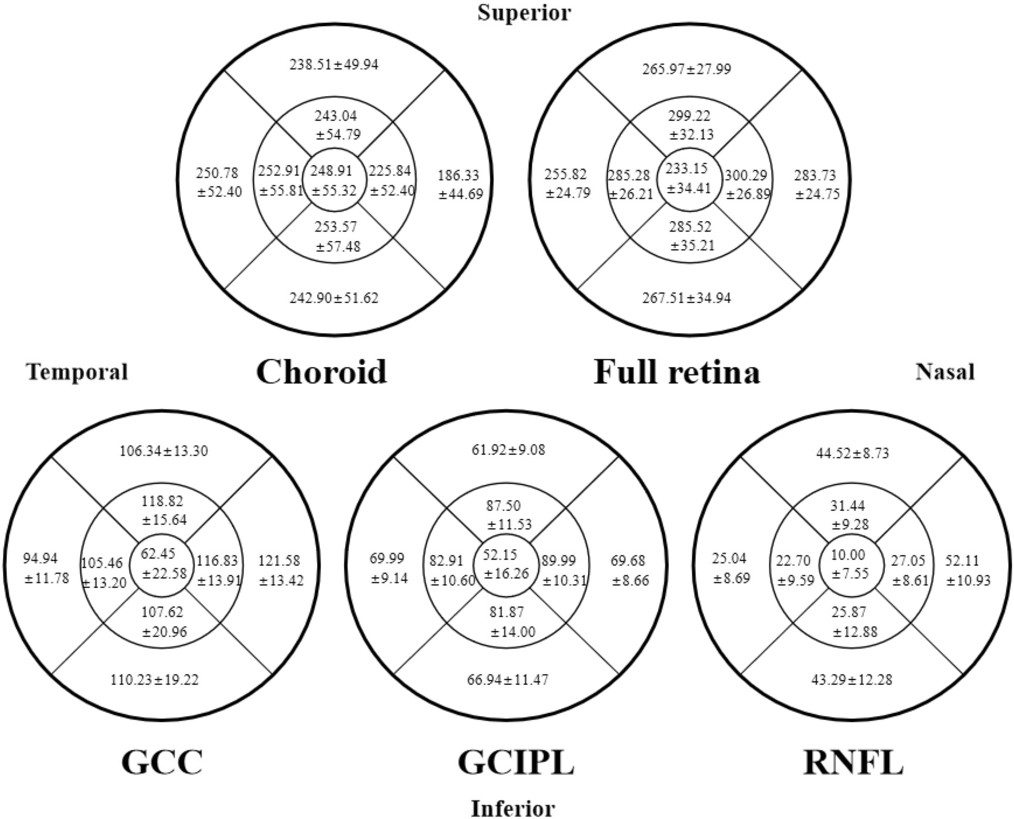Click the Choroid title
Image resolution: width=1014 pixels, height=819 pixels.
pyautogui.click(x=321, y=371)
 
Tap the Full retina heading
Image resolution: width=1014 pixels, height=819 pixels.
pyautogui.click(x=677, y=371)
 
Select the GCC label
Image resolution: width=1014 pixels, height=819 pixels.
pyautogui.click(x=162, y=762)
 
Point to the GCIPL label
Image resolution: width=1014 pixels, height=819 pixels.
pyautogui.click(x=516, y=762)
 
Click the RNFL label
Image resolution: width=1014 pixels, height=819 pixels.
pyautogui.click(x=853, y=762)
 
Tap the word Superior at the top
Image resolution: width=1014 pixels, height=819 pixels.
pyautogui.click(x=524, y=12)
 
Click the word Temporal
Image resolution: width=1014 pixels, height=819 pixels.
pyautogui.click(x=77, y=372)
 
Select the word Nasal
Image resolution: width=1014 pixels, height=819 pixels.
pyautogui.click(x=945, y=372)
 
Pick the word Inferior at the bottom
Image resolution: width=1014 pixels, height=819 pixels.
pyautogui.click(x=513, y=809)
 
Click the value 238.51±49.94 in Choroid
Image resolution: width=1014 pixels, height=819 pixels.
pyautogui.click(x=334, y=64)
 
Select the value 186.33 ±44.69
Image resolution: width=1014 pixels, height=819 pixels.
pyautogui.click(x=460, y=185)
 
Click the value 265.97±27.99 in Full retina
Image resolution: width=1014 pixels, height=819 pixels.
pyautogui.click(x=686, y=69)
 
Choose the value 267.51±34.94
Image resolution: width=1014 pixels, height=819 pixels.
pyautogui.click(x=686, y=298)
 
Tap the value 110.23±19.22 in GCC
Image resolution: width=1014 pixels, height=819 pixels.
pyautogui.click(x=154, y=680)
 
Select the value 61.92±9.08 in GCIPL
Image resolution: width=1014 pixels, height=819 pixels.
pyautogui.click(x=508, y=450)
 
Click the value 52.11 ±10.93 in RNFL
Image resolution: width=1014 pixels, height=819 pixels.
pyautogui.click(x=967, y=570)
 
